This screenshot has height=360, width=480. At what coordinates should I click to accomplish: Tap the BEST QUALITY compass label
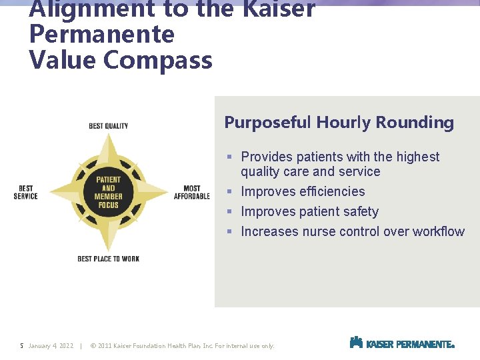[x=109, y=126]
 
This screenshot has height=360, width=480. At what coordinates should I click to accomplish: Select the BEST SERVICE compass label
[x=25, y=192]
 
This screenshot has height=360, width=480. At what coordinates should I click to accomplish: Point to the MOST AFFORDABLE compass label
[x=191, y=192]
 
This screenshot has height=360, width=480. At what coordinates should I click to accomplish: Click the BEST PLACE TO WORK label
[x=109, y=259]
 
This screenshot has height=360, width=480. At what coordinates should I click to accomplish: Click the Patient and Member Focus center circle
[x=109, y=192]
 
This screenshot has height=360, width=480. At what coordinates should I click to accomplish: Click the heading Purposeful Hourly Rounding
[x=339, y=123]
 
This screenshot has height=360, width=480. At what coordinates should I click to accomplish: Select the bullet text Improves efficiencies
[x=303, y=192]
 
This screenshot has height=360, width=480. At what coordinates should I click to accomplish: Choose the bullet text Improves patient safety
[x=309, y=212]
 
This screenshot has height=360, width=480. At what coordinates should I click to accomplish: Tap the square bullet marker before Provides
[x=229, y=157]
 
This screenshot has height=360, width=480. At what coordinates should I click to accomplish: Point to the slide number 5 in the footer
[x=22, y=346]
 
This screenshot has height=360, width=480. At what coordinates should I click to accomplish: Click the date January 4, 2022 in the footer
[x=51, y=346]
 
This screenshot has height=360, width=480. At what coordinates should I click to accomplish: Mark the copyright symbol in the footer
[x=93, y=346]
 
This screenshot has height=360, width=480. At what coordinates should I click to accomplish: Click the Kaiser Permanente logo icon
[x=356, y=343]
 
